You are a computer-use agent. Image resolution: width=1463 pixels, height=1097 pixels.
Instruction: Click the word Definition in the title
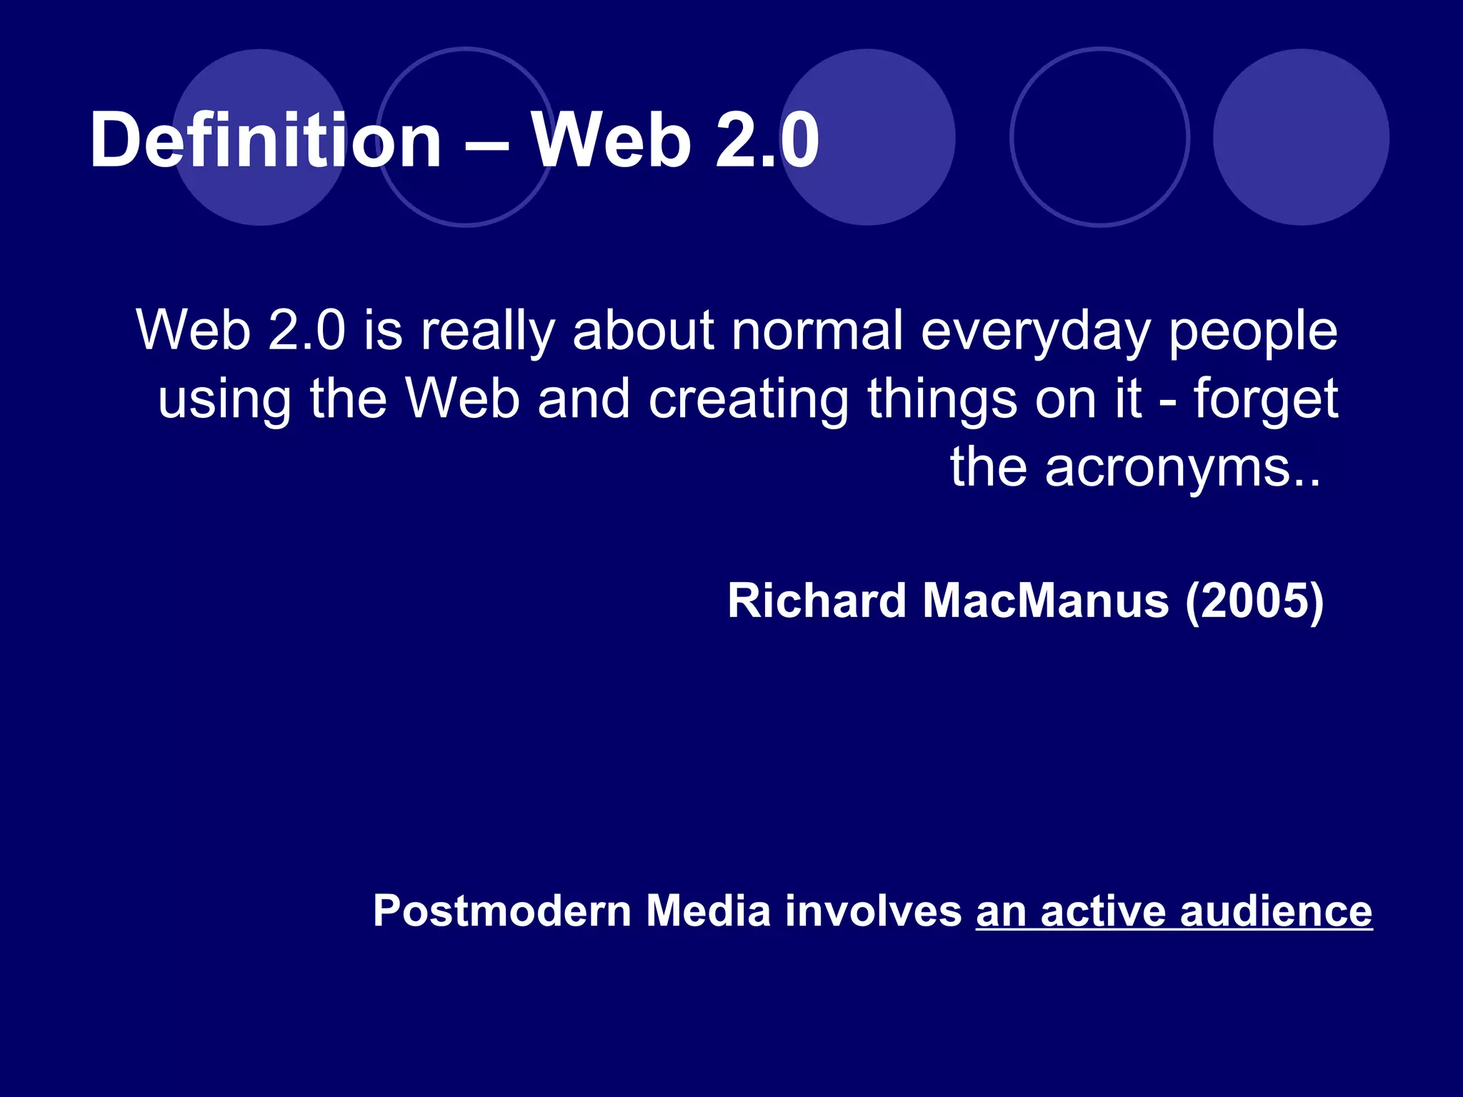266,141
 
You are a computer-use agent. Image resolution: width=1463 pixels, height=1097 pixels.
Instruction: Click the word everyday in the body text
1035,332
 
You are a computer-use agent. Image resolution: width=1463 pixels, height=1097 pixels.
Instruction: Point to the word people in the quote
1252,332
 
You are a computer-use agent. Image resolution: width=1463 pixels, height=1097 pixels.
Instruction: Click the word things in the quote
942,400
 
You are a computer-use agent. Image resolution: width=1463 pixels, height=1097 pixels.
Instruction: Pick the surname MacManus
1046,601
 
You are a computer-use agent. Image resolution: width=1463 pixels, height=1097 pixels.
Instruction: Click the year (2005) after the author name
1254,601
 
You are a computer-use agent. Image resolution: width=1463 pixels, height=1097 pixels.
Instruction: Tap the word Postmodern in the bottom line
501,912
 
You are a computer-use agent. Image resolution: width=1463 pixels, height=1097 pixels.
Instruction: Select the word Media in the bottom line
708,912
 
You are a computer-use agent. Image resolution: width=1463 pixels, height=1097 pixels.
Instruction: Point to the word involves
873,912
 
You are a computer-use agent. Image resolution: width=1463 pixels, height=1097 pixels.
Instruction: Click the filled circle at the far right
1301,137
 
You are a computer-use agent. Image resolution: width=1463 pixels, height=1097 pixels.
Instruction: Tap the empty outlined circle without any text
1100,137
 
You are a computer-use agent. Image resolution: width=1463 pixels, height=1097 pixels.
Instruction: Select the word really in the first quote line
487,332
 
